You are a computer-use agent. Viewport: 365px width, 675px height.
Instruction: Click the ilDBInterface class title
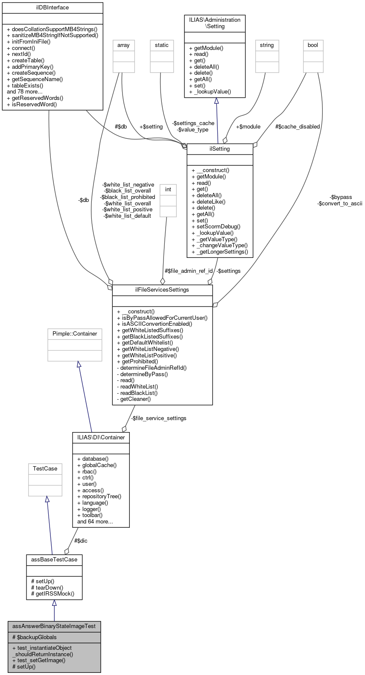pos(53,8)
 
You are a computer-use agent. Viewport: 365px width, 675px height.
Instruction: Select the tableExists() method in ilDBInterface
pos(27,85)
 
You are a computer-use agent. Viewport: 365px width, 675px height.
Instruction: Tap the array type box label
pos(123,45)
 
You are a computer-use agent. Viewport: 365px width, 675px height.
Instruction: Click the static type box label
pos(162,45)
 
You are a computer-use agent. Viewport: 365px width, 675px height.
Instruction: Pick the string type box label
pos(267,45)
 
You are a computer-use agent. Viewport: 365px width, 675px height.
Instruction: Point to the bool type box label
pos(313,45)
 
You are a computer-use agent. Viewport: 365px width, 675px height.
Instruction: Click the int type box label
pos(168,190)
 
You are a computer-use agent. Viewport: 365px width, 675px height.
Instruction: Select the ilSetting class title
pos(220,149)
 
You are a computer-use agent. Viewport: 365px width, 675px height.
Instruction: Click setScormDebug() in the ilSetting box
pos(216,227)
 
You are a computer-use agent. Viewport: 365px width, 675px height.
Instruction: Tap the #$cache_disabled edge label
pos(298,127)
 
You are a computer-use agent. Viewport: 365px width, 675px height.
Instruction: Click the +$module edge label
pos(248,127)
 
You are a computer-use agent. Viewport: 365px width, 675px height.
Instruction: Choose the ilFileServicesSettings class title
pos(162,290)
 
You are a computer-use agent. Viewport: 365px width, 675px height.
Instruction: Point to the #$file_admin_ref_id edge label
pos(189,271)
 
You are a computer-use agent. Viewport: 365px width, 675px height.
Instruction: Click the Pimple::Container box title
pos(75,334)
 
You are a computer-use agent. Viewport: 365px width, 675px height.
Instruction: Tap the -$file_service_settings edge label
pos(158,418)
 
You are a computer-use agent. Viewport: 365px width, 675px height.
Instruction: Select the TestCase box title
pos(45,469)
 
